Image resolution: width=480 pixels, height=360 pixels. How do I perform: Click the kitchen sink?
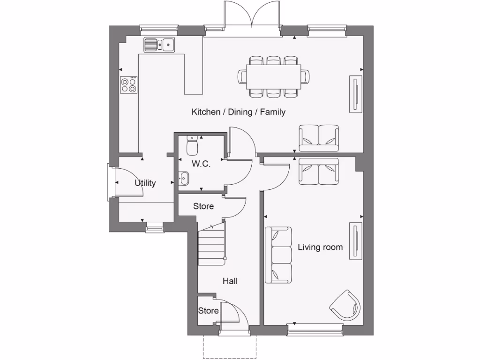(x=159, y=45)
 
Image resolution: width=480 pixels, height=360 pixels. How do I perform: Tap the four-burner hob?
(x=129, y=84)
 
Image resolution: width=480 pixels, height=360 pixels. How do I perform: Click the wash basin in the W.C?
(x=184, y=178)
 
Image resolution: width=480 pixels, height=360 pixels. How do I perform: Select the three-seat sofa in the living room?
(x=278, y=255)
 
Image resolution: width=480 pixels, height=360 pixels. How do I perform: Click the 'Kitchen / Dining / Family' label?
(x=238, y=112)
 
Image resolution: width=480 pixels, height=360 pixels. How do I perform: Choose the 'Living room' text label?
(x=320, y=247)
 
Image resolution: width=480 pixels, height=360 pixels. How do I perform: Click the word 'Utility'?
(x=145, y=183)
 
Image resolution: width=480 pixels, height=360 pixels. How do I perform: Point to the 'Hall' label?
(x=230, y=281)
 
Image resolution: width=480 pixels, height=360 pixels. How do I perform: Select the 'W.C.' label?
(x=201, y=164)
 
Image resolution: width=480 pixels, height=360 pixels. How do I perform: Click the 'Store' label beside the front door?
(x=208, y=311)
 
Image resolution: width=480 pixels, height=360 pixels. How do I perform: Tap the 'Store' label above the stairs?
(x=203, y=206)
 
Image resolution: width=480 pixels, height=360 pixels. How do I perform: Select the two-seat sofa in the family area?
(x=319, y=138)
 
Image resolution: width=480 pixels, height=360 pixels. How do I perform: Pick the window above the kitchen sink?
(x=159, y=28)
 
